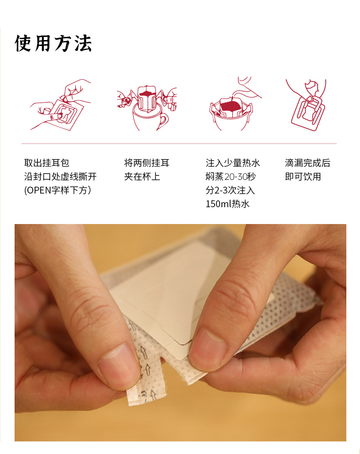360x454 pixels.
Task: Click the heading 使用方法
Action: [53, 44]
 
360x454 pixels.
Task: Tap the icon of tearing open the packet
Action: [60, 105]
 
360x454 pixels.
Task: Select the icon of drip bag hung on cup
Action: [147, 108]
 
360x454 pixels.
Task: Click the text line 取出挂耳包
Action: [46, 163]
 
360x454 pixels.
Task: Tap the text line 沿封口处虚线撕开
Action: [60, 177]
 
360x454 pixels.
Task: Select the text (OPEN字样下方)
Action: [58, 190]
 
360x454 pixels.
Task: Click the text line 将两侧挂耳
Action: [147, 163]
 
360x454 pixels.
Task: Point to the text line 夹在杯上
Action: [142, 177]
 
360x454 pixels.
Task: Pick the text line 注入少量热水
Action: [233, 163]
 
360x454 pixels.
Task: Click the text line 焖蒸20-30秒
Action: [231, 177]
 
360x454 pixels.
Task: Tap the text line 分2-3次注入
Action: [230, 190]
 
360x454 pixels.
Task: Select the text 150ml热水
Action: [227, 204]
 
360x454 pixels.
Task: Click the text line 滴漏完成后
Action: [308, 163]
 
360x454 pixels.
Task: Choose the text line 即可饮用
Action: [303, 177]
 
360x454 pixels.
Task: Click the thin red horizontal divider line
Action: [179, 143]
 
